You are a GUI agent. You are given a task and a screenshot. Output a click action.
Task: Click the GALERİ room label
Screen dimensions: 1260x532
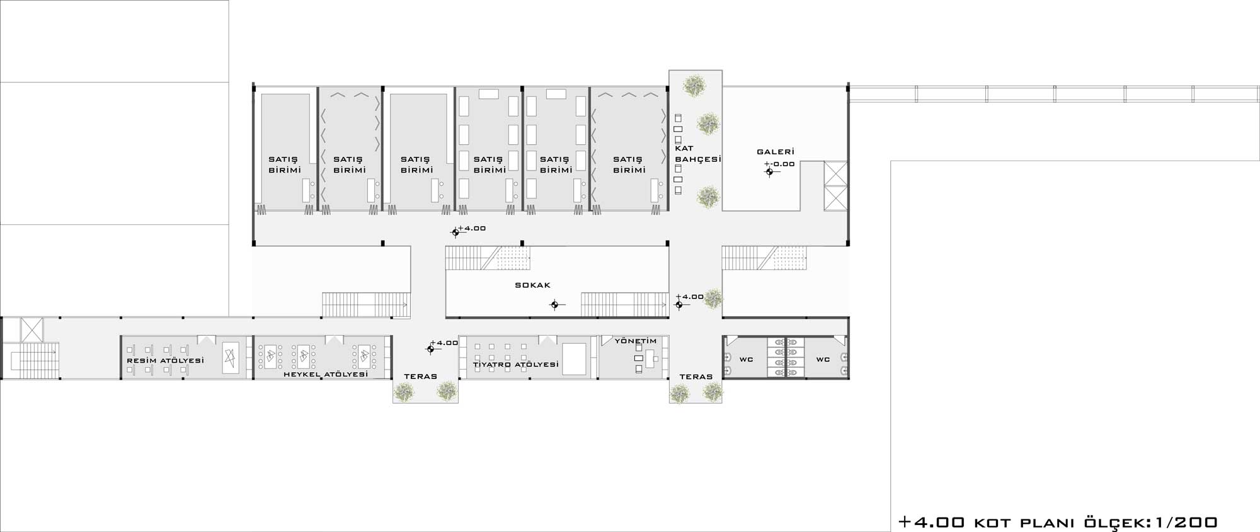click(776, 152)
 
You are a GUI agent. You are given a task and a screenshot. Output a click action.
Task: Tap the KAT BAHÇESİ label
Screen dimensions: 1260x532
click(697, 154)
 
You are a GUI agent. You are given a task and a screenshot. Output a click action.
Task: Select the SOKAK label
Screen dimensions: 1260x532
click(533, 285)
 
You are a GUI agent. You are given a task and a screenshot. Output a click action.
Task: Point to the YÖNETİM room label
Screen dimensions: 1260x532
click(636, 341)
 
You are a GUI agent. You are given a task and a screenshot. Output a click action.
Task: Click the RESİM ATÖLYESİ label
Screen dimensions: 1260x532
click(166, 361)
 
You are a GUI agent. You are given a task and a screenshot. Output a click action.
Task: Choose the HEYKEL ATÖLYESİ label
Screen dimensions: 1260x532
click(326, 374)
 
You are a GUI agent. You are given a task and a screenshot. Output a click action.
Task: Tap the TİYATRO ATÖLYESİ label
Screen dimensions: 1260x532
click(516, 365)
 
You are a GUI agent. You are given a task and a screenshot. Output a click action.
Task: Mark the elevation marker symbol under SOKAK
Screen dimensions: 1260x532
click(555, 305)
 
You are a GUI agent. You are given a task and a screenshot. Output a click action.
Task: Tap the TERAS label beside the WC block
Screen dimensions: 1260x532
click(696, 376)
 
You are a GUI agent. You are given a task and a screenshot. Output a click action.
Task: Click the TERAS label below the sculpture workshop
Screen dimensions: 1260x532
click(421, 376)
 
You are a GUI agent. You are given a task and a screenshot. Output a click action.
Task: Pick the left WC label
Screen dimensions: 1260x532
click(747, 359)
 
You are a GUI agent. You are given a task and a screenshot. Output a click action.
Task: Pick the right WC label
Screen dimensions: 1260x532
click(823, 359)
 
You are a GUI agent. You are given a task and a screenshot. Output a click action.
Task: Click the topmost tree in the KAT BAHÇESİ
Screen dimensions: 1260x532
click(694, 86)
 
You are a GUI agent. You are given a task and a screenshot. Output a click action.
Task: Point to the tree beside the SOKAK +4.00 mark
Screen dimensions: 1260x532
click(714, 298)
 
